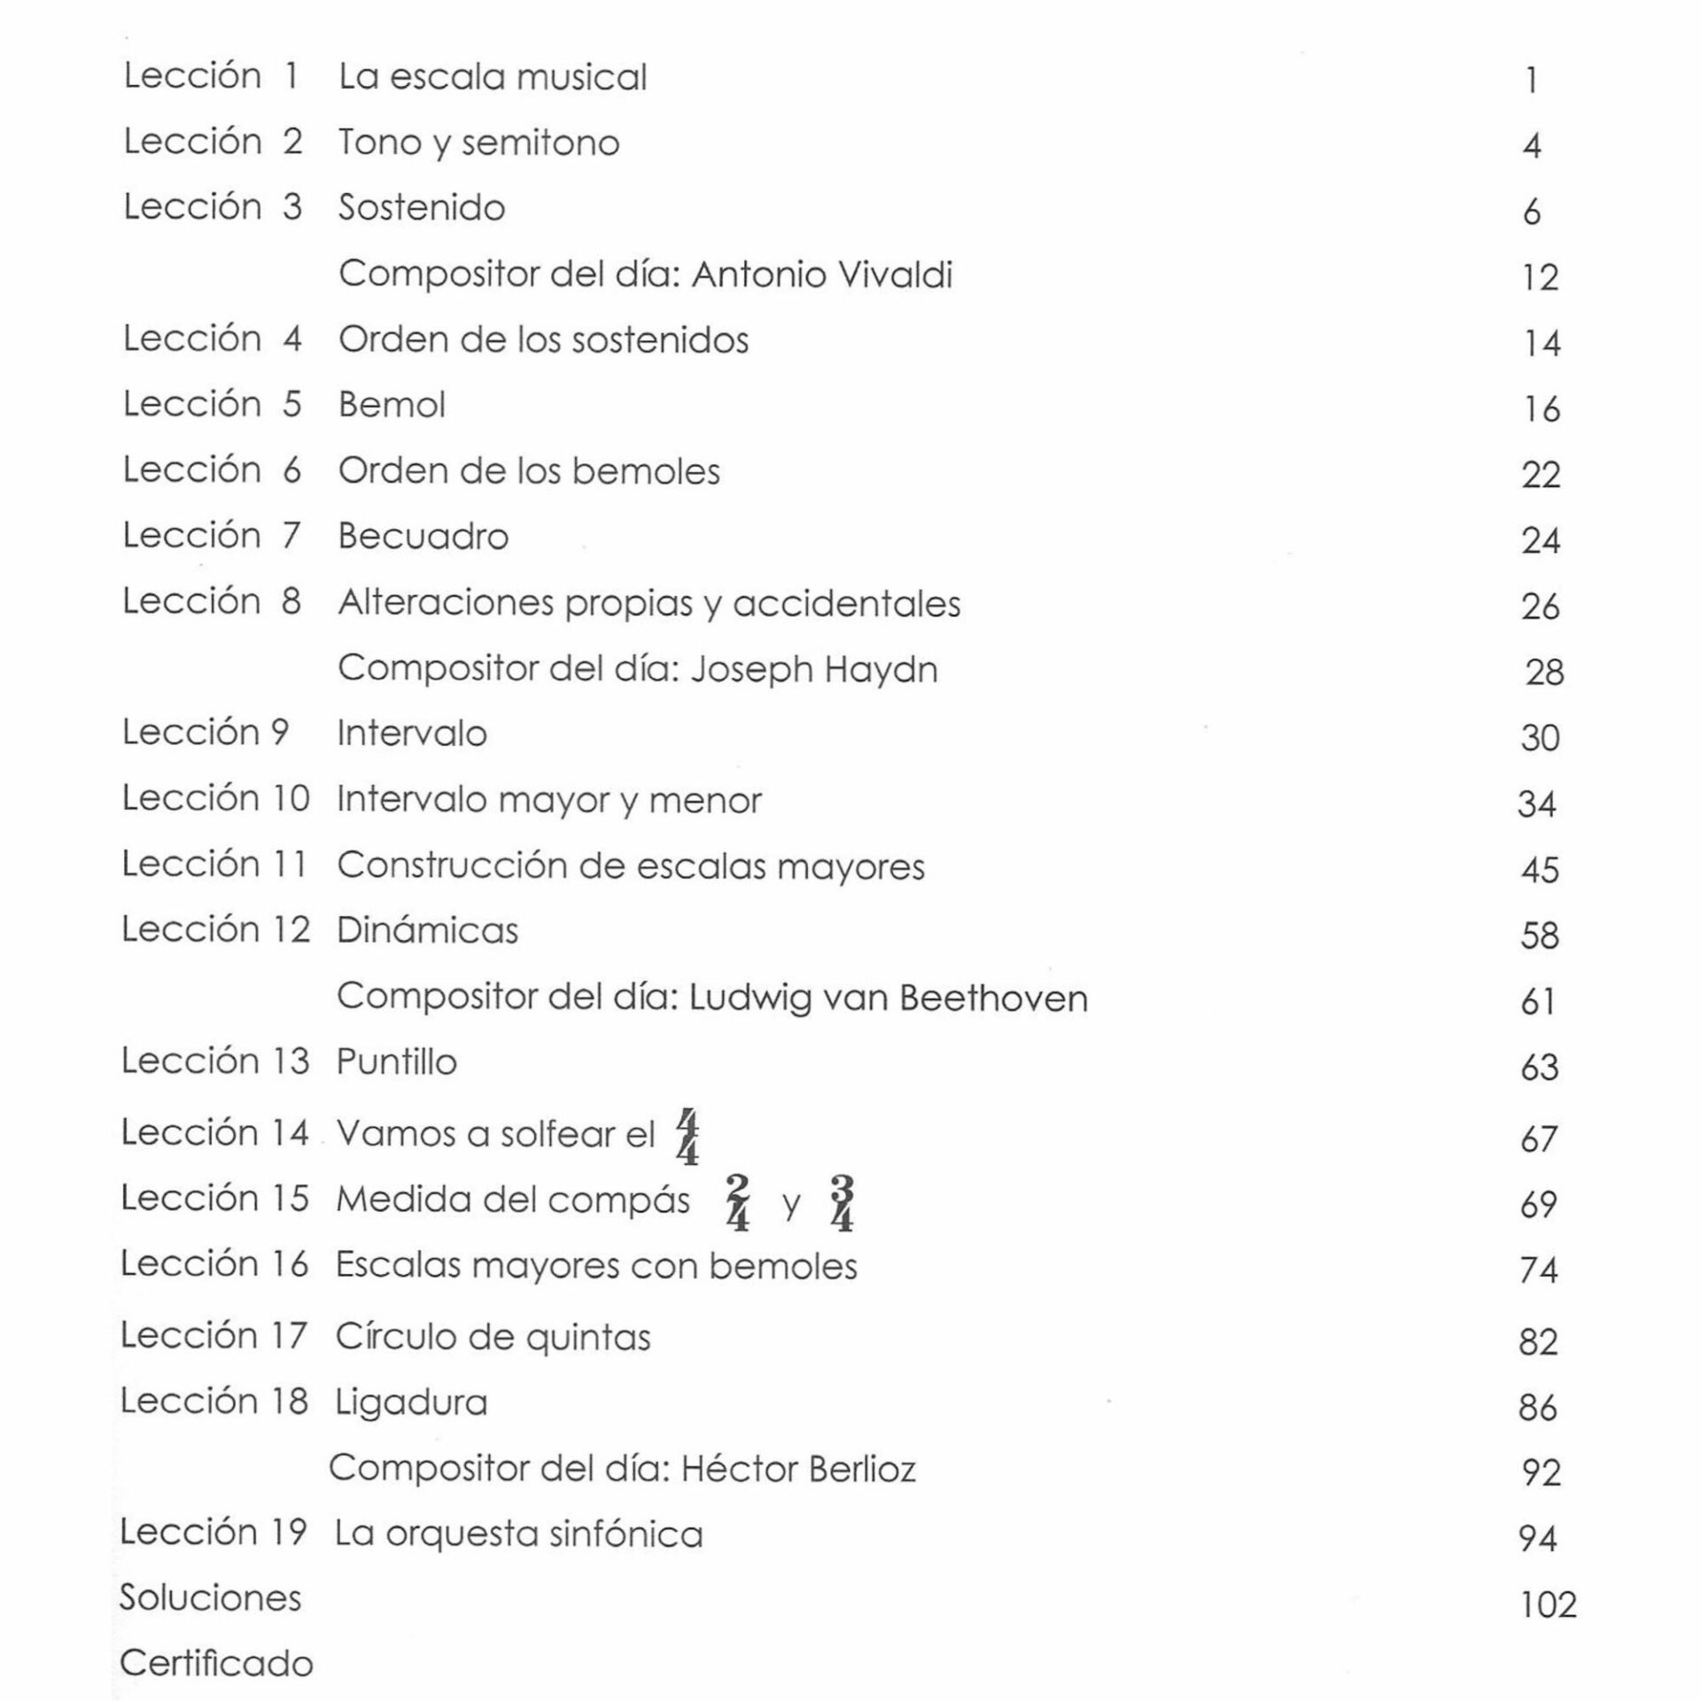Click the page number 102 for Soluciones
[1548, 1604]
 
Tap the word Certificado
[216, 1664]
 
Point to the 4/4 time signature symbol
[687, 1137]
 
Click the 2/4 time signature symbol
[737, 1203]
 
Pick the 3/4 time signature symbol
[842, 1203]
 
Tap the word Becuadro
[423, 537]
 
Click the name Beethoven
[993, 998]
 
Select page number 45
[1540, 870]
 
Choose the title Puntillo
[396, 1062]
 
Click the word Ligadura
[411, 1403]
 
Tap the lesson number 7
[291, 536]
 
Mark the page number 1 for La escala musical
[1531, 82]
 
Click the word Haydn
[881, 670]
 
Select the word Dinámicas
[427, 931]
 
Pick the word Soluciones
[211, 1598]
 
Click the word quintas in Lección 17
[587, 1338]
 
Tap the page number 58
[1539, 936]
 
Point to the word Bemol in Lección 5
[392, 406]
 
